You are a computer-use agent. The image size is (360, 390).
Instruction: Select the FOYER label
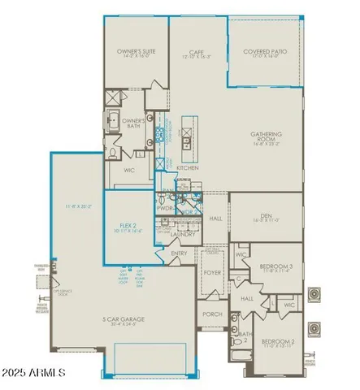pyautogui.click(x=213, y=273)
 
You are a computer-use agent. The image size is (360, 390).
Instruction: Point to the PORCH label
pyautogui.click(x=212, y=314)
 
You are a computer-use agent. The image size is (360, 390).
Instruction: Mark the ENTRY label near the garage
pyautogui.click(x=179, y=253)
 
